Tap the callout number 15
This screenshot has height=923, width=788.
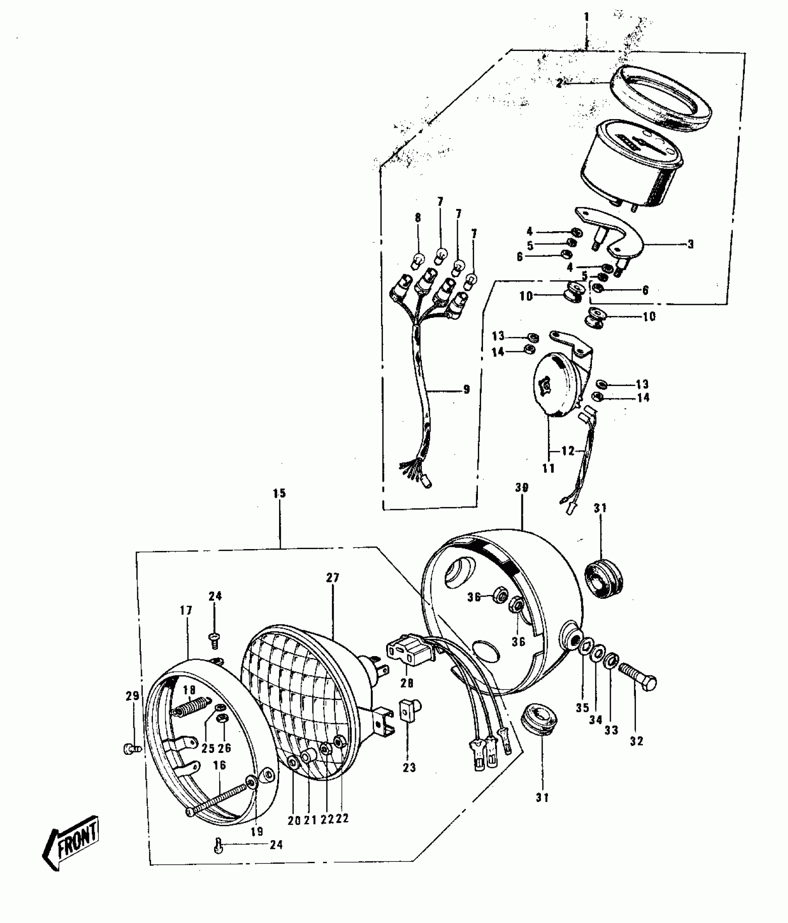(280, 493)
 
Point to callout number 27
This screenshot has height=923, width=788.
(333, 578)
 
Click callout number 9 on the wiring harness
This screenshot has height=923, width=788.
(466, 390)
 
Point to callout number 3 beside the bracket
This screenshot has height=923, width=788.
(690, 244)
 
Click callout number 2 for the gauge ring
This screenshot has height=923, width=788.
(559, 83)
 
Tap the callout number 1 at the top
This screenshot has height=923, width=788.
(586, 18)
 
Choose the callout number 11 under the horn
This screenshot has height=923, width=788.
(548, 468)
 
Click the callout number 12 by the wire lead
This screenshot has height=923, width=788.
(568, 450)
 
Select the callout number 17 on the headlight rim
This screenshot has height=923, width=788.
(186, 610)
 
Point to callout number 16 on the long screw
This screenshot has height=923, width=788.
(219, 765)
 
